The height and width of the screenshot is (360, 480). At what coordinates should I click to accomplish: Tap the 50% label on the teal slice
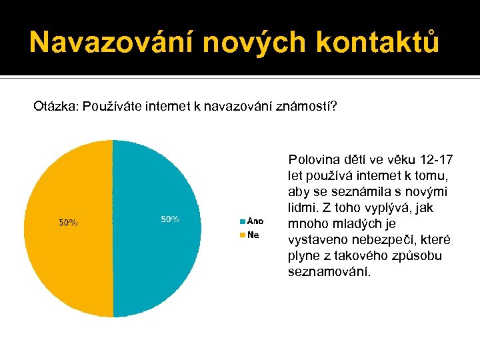pyautogui.click(x=170, y=219)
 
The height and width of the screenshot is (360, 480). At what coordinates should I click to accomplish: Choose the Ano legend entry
pyautogui.click(x=255, y=221)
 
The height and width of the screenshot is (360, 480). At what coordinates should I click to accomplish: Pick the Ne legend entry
pyautogui.click(x=253, y=235)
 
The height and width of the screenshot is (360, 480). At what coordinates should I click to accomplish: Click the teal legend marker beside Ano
pyautogui.click(x=243, y=221)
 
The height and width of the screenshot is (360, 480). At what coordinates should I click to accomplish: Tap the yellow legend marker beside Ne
pyautogui.click(x=243, y=235)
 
